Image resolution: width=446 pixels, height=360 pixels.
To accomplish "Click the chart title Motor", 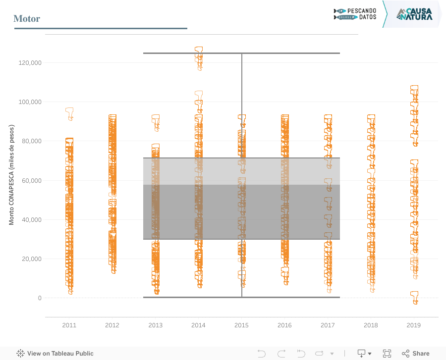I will (27, 19).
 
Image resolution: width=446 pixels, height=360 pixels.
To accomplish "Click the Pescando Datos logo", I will (355, 14).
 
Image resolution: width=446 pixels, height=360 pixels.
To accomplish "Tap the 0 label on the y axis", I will (40, 298).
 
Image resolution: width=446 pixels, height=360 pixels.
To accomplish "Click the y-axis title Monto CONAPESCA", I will (11, 175).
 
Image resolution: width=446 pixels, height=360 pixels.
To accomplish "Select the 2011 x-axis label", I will (69, 325).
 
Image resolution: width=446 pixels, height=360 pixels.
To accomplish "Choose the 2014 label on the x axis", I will (198, 325).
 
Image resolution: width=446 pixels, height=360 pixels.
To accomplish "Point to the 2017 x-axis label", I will (328, 325).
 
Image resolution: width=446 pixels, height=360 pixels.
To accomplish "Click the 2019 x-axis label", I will (414, 325).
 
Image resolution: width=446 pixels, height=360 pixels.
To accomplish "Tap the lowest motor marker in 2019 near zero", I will (415, 297).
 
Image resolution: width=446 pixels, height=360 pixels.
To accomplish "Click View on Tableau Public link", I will (55, 354).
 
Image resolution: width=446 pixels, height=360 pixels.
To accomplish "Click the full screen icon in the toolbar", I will (387, 354).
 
